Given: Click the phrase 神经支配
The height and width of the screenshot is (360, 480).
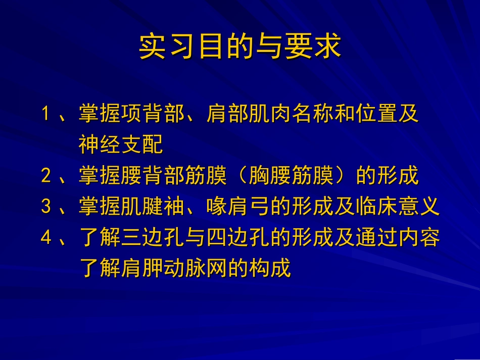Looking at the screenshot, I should point(121,145).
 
